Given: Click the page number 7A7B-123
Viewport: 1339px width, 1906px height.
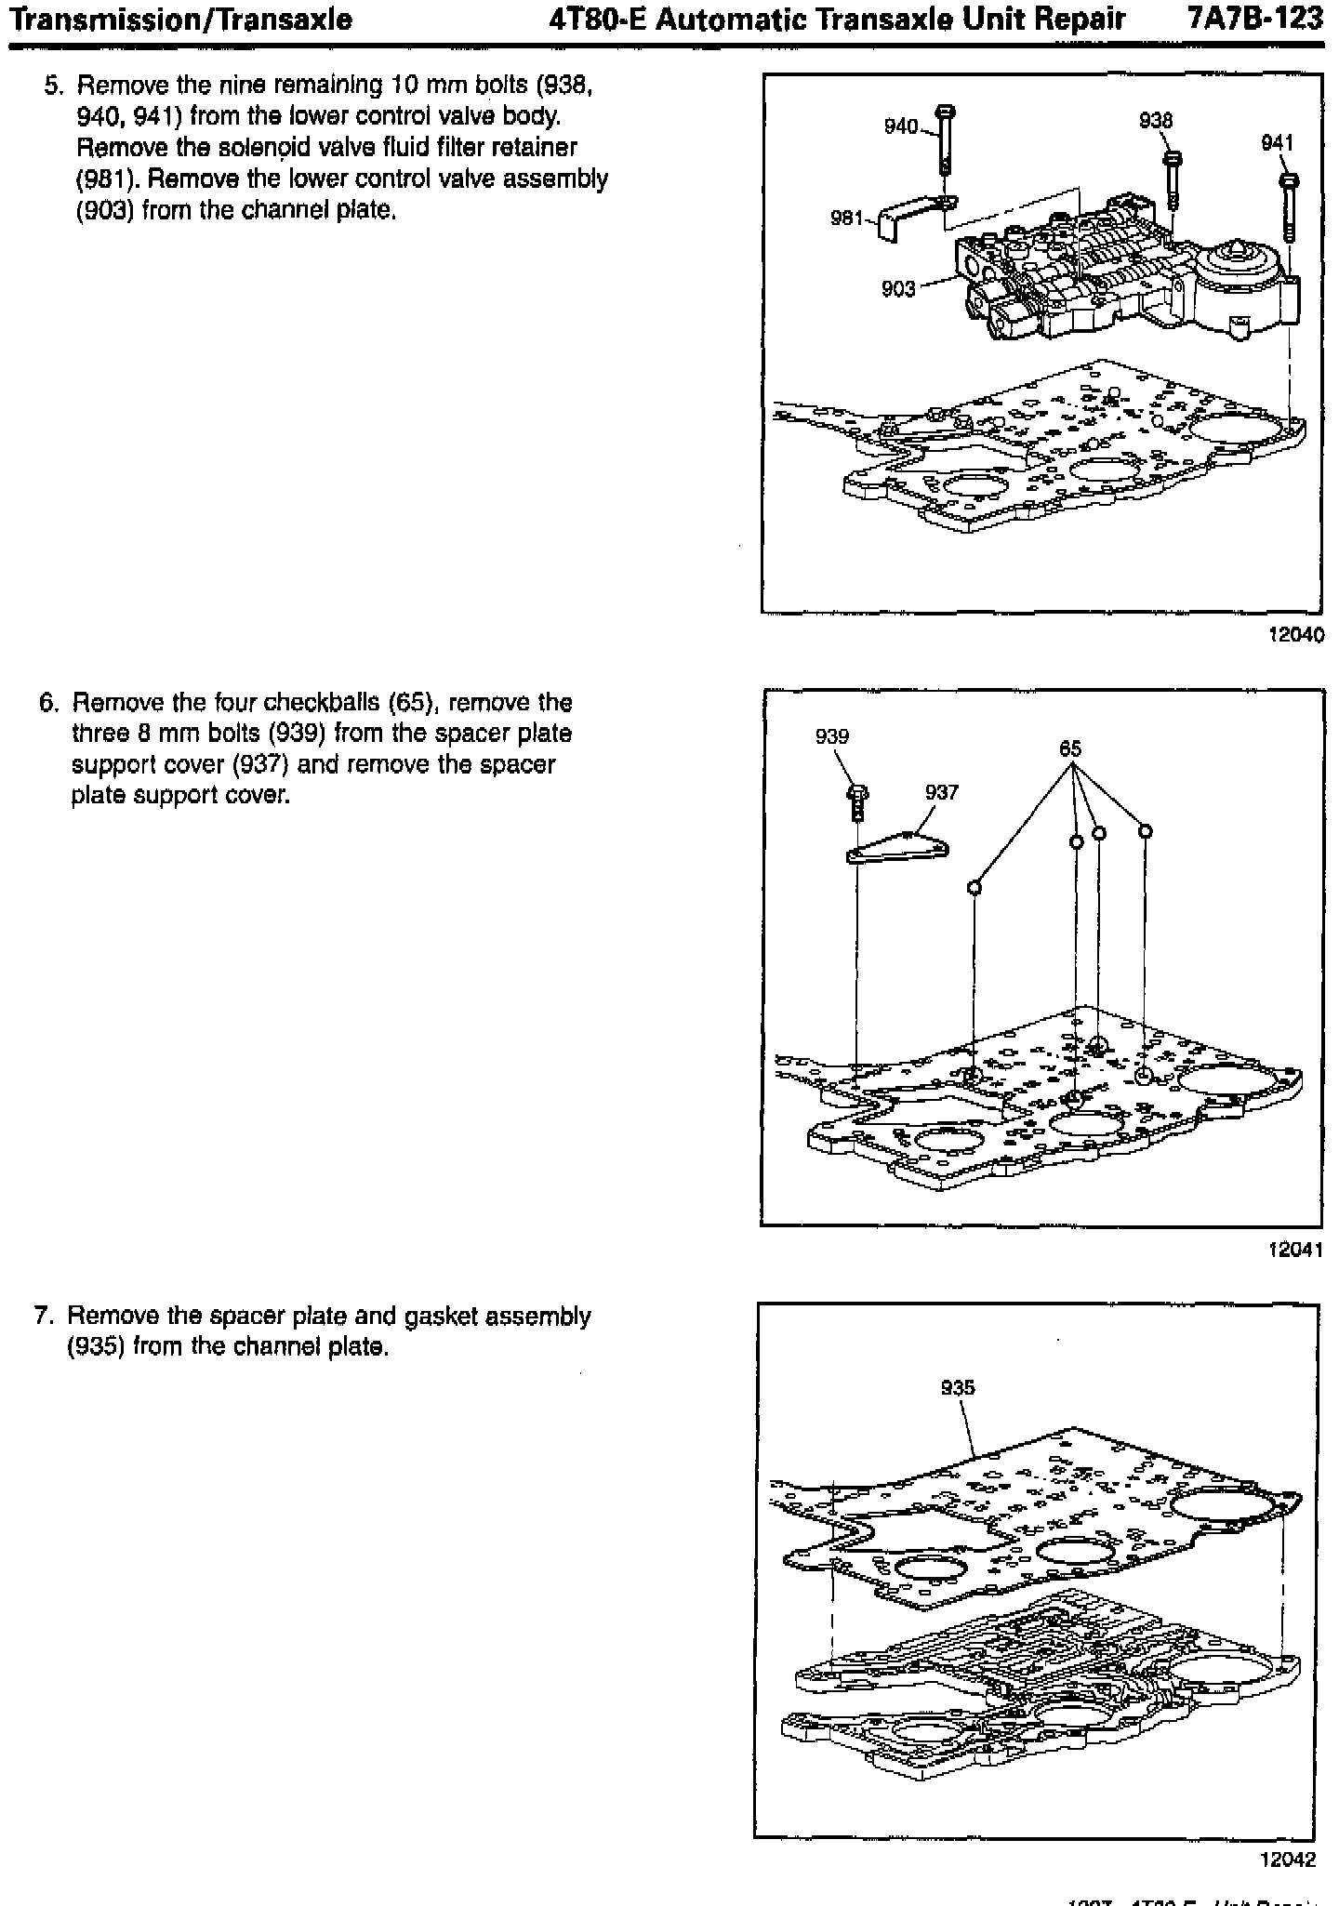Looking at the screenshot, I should click(x=1254, y=20).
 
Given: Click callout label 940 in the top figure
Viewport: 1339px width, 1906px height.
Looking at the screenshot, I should click(x=900, y=126).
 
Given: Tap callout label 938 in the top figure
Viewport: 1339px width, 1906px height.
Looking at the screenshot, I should click(x=1156, y=121).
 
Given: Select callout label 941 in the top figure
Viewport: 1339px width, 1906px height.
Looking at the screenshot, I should click(x=1277, y=142).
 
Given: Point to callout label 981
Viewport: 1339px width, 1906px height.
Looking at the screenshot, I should click(x=847, y=219).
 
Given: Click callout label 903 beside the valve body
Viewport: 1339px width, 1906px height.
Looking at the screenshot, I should click(x=898, y=289).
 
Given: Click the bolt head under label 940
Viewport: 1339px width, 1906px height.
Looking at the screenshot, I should click(x=946, y=113).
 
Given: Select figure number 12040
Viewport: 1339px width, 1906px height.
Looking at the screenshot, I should click(x=1295, y=635).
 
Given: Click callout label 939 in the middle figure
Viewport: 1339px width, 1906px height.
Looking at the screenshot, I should click(x=831, y=736).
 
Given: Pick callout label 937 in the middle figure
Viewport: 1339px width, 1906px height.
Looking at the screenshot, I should click(x=941, y=792).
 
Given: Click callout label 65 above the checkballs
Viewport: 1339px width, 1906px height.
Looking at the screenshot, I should click(x=1070, y=749).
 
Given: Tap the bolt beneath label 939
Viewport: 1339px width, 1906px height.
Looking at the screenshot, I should click(x=857, y=801).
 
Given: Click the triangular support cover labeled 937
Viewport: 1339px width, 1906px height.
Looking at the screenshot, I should click(x=897, y=848).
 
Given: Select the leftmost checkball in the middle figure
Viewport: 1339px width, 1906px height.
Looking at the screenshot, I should click(x=974, y=887).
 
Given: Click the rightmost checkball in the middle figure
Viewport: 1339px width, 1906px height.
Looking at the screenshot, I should click(x=1146, y=831).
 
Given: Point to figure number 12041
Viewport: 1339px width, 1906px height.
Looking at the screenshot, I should click(x=1295, y=1250).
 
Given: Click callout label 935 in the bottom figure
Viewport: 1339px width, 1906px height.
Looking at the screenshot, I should click(x=958, y=1388).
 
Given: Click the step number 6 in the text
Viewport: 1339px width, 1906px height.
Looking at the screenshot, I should click(x=47, y=702).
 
